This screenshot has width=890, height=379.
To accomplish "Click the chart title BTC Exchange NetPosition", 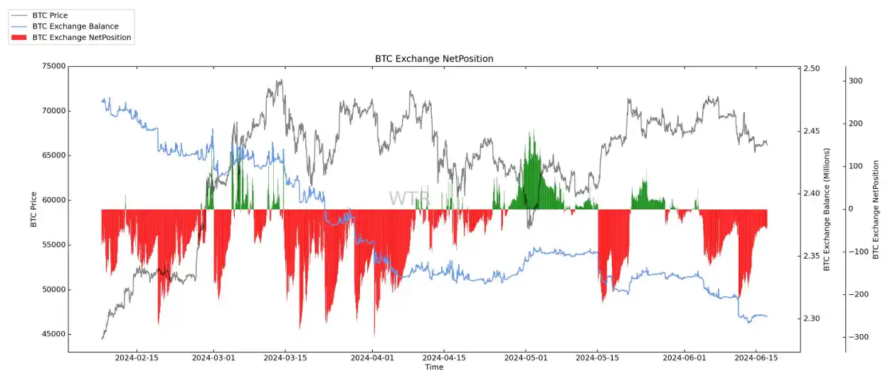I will tap(434, 58).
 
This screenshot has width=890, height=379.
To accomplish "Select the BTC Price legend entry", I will tap(50, 15).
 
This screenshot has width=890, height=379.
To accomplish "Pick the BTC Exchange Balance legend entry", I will tap(75, 26).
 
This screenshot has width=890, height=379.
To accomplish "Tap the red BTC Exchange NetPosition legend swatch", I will tap(18, 38).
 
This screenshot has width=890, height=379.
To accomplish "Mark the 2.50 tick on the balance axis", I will tap(812, 68).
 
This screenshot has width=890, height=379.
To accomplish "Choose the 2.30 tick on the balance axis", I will tap(812, 318).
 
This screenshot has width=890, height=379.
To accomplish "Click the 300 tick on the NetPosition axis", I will tap(856, 81).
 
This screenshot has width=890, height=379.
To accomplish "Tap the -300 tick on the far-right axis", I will tap(854, 337).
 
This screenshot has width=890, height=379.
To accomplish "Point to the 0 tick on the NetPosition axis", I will tap(852, 209).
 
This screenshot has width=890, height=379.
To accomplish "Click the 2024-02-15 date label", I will tap(137, 358).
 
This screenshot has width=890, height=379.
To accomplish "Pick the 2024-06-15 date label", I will tap(756, 358).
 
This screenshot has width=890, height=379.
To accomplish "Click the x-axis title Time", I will tap(434, 368).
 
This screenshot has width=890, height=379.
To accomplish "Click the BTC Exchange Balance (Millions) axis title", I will tap(827, 209).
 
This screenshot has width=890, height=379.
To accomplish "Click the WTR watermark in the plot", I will tap(409, 199).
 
